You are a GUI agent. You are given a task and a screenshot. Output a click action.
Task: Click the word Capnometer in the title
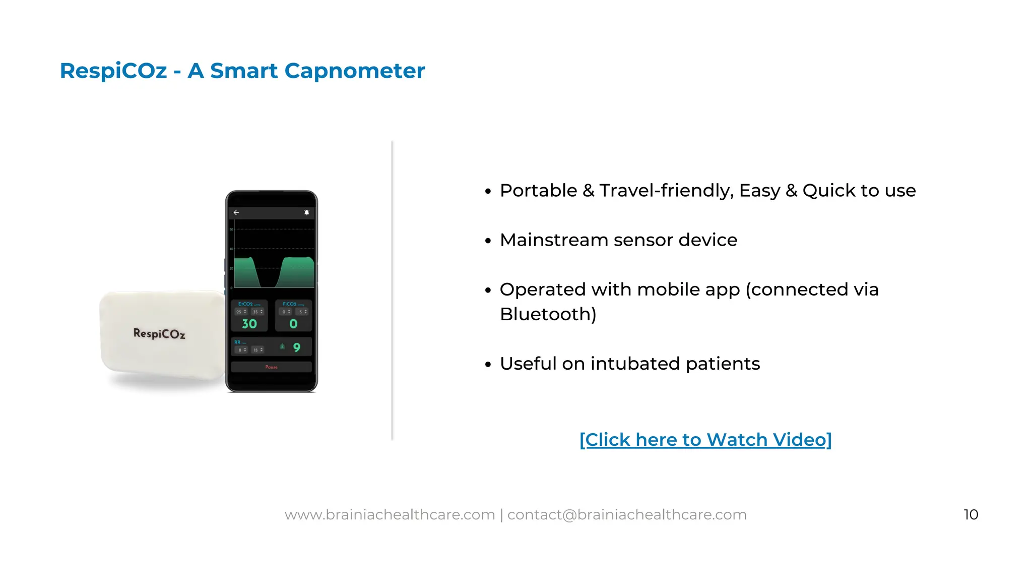pyautogui.click(x=354, y=71)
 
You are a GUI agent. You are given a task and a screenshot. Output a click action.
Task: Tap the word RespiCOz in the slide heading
pyautogui.click(x=113, y=71)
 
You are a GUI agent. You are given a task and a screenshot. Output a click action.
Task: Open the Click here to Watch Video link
pyautogui.click(x=705, y=440)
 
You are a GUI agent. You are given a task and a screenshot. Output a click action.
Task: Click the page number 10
pyautogui.click(x=971, y=514)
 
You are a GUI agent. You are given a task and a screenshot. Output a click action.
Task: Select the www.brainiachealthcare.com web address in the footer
pyautogui.click(x=390, y=514)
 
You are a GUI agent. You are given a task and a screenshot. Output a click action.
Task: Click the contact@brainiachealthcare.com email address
pyautogui.click(x=627, y=514)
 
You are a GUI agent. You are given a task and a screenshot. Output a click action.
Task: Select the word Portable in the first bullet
pyautogui.click(x=538, y=191)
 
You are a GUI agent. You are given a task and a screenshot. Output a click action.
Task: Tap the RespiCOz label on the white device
pyautogui.click(x=159, y=333)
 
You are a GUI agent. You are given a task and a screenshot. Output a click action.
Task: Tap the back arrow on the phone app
pyautogui.click(x=236, y=213)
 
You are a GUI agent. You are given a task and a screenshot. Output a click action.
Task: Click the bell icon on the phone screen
pyautogui.click(x=306, y=213)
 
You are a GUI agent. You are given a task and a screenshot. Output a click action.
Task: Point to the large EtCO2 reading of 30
pyautogui.click(x=249, y=324)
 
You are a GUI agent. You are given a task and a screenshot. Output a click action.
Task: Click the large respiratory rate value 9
pyautogui.click(x=297, y=347)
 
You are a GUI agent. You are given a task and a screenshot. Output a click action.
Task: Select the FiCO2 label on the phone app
pyautogui.click(x=290, y=304)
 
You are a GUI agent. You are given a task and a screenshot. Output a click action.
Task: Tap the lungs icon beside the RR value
pyautogui.click(x=282, y=346)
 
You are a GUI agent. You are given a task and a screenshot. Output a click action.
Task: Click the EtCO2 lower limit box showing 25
pyautogui.click(x=241, y=312)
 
